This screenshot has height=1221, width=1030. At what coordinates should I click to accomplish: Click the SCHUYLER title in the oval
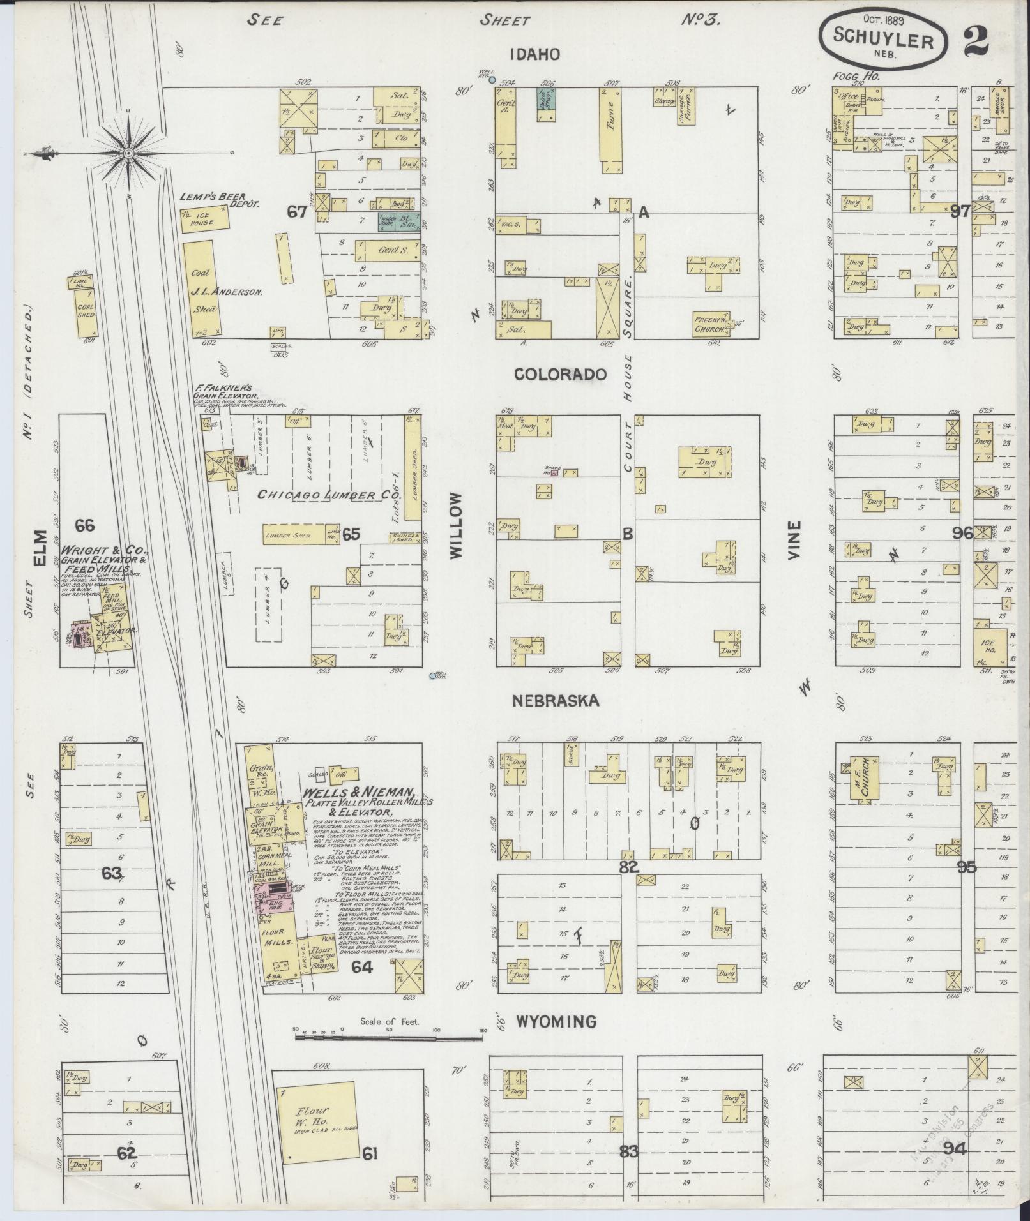click(883, 41)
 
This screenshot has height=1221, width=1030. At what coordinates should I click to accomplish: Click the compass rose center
click(128, 153)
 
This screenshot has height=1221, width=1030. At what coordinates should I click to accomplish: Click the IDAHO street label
click(535, 54)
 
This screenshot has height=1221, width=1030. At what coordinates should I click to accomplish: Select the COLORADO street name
click(561, 375)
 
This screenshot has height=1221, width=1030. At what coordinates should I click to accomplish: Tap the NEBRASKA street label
click(556, 701)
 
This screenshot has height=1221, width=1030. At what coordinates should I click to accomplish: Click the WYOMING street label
click(556, 1022)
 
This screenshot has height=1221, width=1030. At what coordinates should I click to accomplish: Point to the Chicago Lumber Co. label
click(314, 494)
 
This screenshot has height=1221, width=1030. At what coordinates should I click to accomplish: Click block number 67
click(297, 211)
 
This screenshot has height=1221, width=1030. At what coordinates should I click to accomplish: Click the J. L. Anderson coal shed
click(204, 290)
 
